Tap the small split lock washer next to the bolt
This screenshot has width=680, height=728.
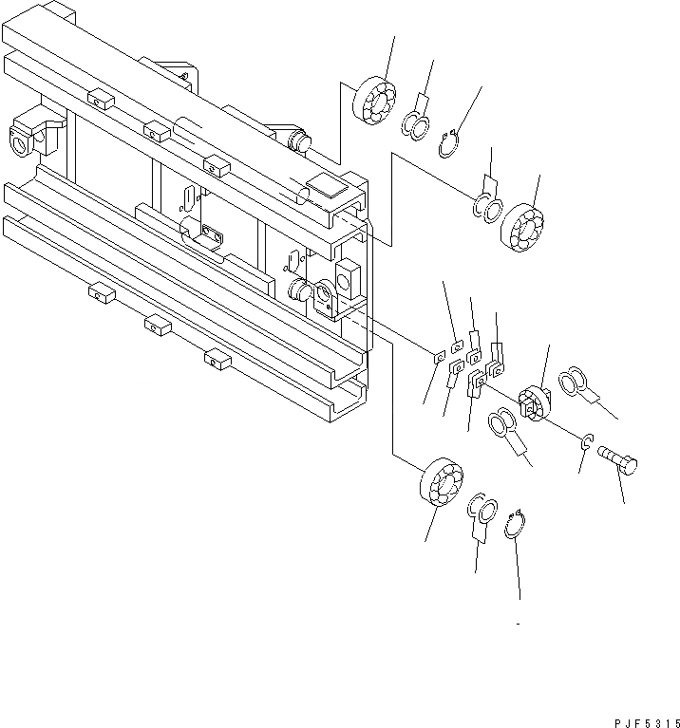(x=587, y=440)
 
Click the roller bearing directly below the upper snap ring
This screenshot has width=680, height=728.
(x=521, y=225)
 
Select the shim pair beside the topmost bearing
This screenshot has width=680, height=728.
(x=415, y=122)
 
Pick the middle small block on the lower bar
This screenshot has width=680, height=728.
(x=158, y=327)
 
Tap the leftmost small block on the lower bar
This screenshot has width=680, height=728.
(x=100, y=295)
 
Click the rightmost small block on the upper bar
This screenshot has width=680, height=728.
(x=217, y=168)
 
